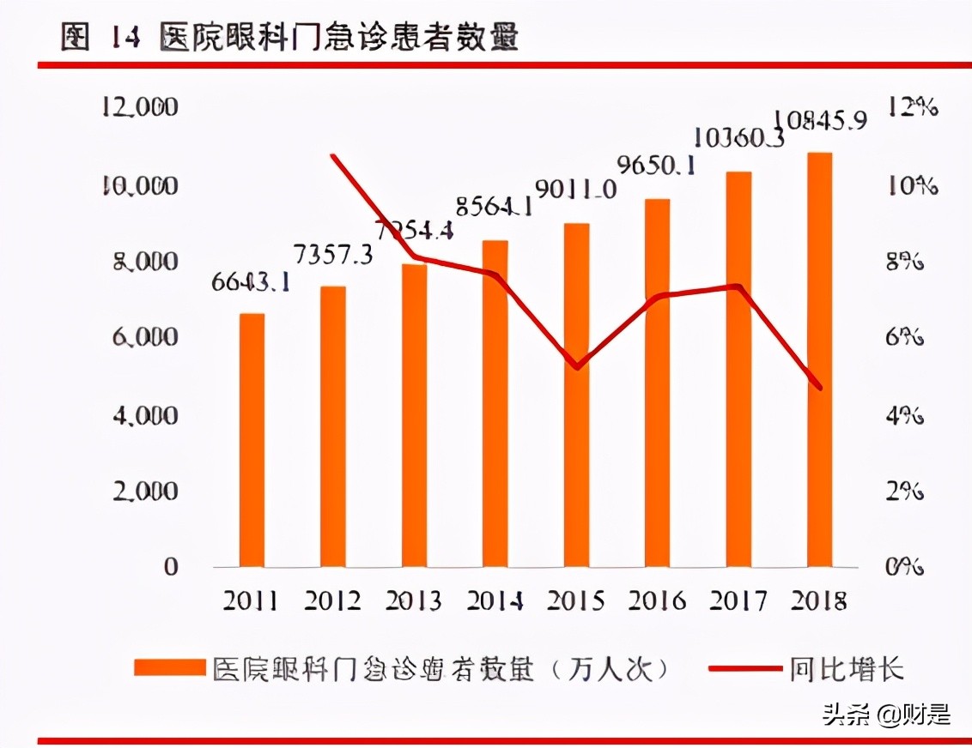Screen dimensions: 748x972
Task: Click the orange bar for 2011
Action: tap(252, 440)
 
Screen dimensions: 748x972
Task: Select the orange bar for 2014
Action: tap(495, 403)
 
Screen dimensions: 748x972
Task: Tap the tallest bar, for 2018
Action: tap(819, 359)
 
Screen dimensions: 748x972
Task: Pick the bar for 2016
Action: tap(657, 383)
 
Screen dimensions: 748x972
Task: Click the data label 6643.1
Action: tap(250, 280)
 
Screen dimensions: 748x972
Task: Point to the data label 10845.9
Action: tap(820, 120)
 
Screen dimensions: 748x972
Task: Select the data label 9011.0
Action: tap(575, 189)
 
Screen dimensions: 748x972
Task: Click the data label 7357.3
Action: tap(332, 254)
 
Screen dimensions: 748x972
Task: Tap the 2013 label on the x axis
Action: tap(414, 600)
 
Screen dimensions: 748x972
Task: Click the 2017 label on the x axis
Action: tap(738, 600)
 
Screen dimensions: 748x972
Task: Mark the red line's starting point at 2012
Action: tap(332, 155)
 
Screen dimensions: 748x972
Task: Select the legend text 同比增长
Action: tap(847, 668)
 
